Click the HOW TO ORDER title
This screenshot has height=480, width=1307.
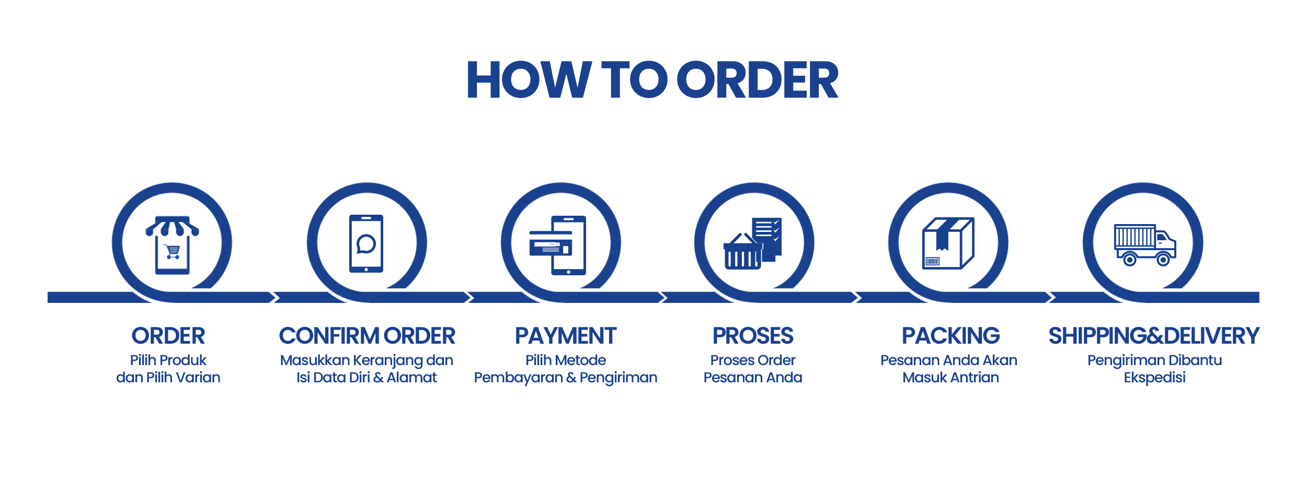point(652,79)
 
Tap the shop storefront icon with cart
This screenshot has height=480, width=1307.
point(172,244)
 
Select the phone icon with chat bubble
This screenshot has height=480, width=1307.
point(366,244)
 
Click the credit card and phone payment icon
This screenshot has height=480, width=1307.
point(557,245)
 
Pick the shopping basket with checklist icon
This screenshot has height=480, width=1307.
point(752,244)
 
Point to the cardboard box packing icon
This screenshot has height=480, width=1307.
point(947,244)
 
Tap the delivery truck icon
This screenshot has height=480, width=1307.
point(1145,245)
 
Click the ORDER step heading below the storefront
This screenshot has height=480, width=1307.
point(168,336)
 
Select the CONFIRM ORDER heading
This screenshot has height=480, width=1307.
point(367,336)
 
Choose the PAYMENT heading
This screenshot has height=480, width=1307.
point(566,336)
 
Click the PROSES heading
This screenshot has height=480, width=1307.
point(753,336)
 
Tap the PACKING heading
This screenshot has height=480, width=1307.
point(951,336)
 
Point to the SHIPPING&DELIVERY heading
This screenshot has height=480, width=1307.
point(1154,336)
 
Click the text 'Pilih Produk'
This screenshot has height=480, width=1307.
point(168,360)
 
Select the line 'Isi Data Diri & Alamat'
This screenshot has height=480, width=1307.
point(367,377)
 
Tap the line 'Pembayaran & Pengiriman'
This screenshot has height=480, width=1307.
point(566,377)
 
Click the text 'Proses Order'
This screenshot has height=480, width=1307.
point(753,360)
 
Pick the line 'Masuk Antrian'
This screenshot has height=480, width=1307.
point(951,377)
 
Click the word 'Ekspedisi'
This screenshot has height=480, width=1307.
point(1155,377)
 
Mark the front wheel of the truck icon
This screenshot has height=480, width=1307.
point(1164,260)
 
